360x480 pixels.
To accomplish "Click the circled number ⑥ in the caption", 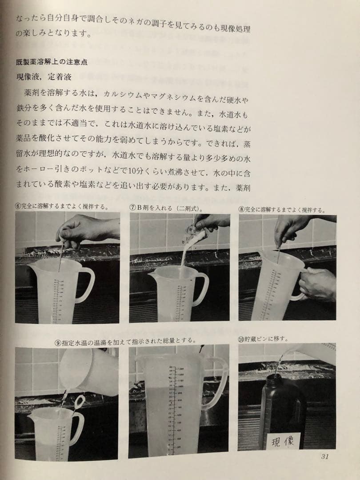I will [x=18, y=206].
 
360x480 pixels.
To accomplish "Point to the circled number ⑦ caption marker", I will [x=132, y=208].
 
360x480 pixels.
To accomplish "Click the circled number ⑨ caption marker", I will [x=57, y=341].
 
